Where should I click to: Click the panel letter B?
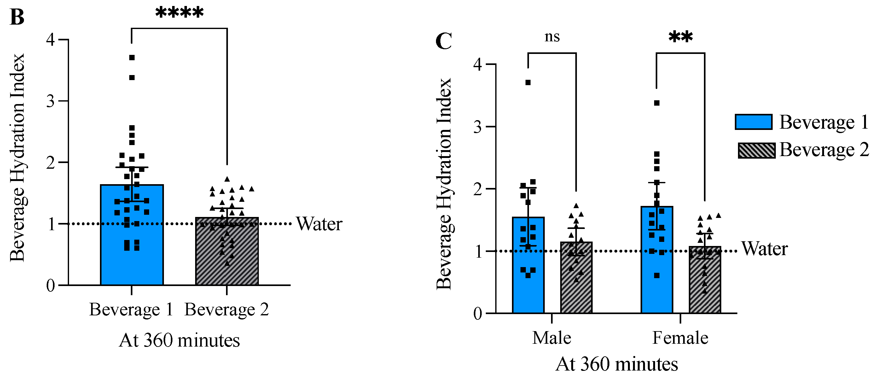pyautogui.click(x=17, y=17)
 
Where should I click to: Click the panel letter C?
pyautogui.click(x=444, y=42)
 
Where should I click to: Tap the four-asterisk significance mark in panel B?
pyautogui.click(x=179, y=13)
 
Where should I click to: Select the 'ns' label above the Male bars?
pyautogui.click(x=552, y=37)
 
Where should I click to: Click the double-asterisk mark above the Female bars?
pyautogui.click(x=680, y=37)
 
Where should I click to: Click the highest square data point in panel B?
pyautogui.click(x=132, y=57)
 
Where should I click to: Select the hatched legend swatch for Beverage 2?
pyautogui.click(x=757, y=150)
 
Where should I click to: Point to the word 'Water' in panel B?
pyautogui.click(x=319, y=224)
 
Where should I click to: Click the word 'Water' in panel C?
pyautogui.click(x=764, y=249)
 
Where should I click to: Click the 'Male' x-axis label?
pyautogui.click(x=552, y=338)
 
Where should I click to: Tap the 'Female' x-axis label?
pyautogui.click(x=680, y=338)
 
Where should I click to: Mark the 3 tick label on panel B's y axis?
pyautogui.click(x=50, y=101)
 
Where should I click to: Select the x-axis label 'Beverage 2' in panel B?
pyautogui.click(x=226, y=309)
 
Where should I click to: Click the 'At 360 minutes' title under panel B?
pyautogui.click(x=179, y=341)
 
